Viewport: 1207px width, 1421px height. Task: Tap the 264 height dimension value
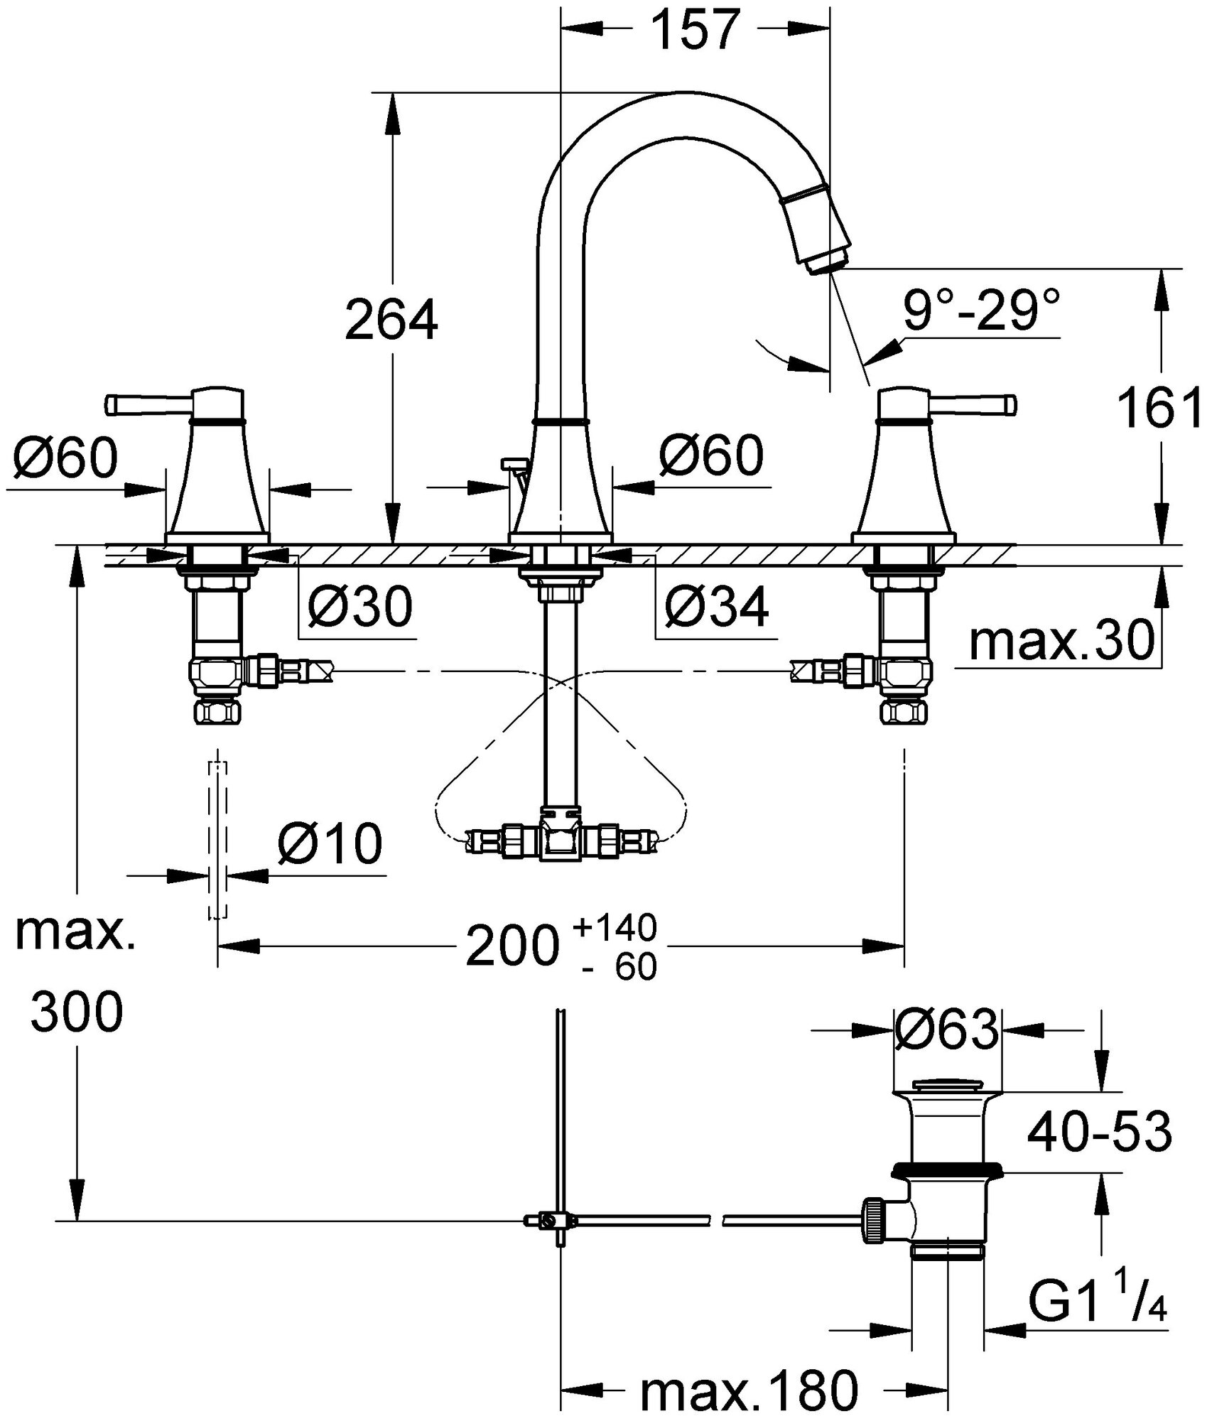[391, 321]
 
